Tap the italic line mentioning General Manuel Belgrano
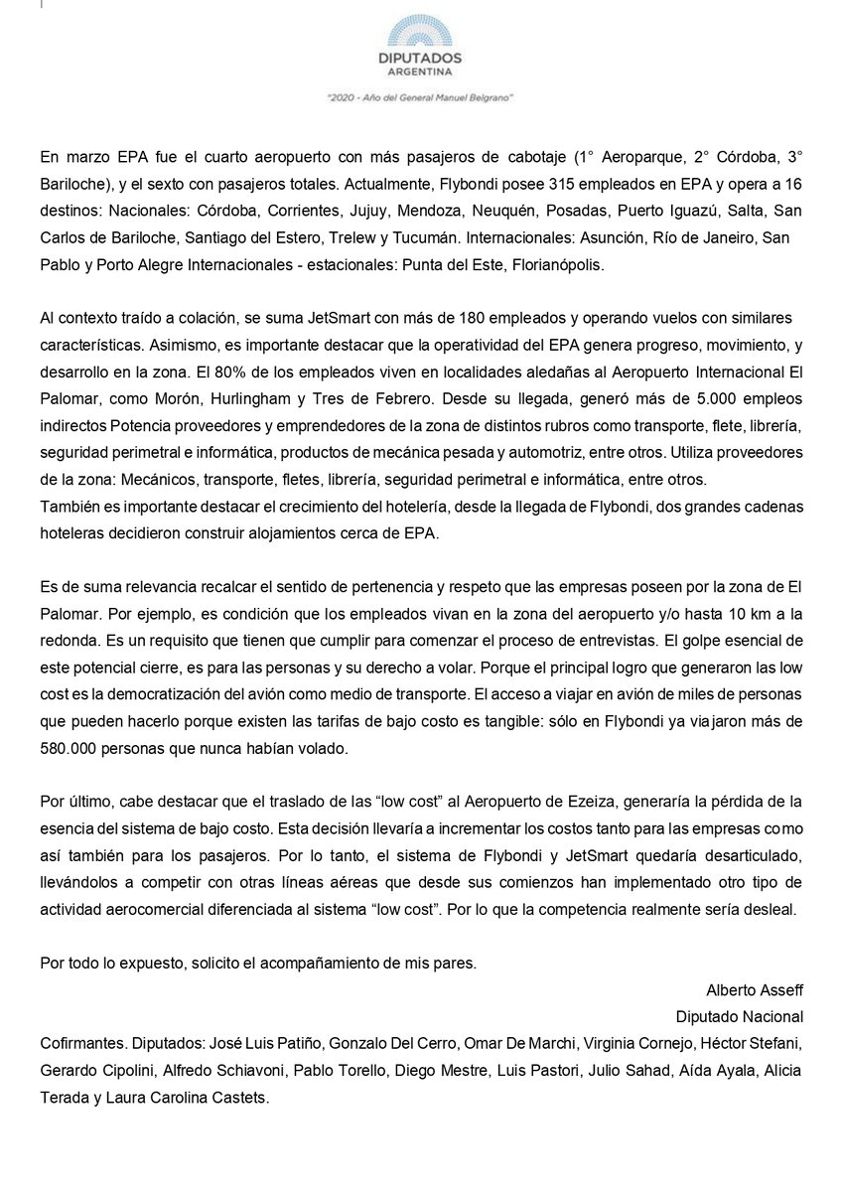(420, 98)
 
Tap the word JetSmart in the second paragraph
(297, 318)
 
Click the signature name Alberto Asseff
(754, 989)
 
